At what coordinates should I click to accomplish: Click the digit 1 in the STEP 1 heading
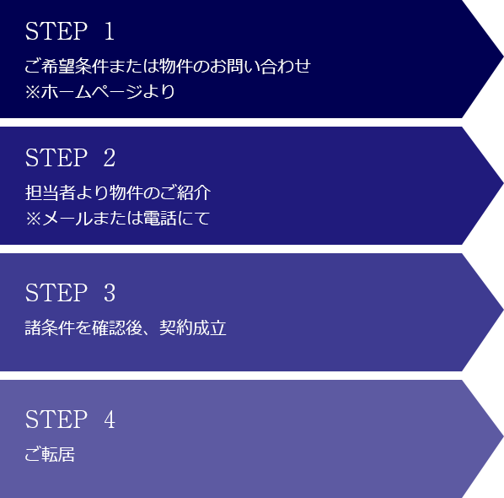click(x=110, y=31)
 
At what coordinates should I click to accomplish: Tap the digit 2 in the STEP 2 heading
click(x=110, y=158)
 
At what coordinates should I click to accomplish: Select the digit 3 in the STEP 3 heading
click(x=110, y=293)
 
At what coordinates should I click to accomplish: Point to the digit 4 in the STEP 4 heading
click(x=110, y=420)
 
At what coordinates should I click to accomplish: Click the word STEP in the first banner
click(x=56, y=31)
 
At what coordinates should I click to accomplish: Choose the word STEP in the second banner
click(x=56, y=158)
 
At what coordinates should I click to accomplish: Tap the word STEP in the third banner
click(x=56, y=293)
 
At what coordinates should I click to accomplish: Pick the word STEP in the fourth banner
click(x=56, y=420)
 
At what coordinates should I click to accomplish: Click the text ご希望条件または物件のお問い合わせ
click(x=168, y=67)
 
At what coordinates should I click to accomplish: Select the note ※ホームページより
click(x=100, y=92)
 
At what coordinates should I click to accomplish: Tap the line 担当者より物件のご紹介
click(x=118, y=192)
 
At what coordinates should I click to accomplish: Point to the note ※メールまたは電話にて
click(x=118, y=219)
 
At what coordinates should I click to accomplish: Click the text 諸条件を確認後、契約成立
click(x=126, y=328)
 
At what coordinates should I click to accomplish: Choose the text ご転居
click(x=50, y=455)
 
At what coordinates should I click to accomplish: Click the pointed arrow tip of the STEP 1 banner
click(x=502, y=58)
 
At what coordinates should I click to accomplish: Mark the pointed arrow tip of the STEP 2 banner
click(x=502, y=185)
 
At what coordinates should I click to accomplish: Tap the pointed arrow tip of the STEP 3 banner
click(x=502, y=311)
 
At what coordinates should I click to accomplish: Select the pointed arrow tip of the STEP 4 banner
click(x=502, y=438)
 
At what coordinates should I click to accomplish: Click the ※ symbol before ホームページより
click(x=33, y=92)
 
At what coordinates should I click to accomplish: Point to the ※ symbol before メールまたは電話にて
click(x=33, y=219)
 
